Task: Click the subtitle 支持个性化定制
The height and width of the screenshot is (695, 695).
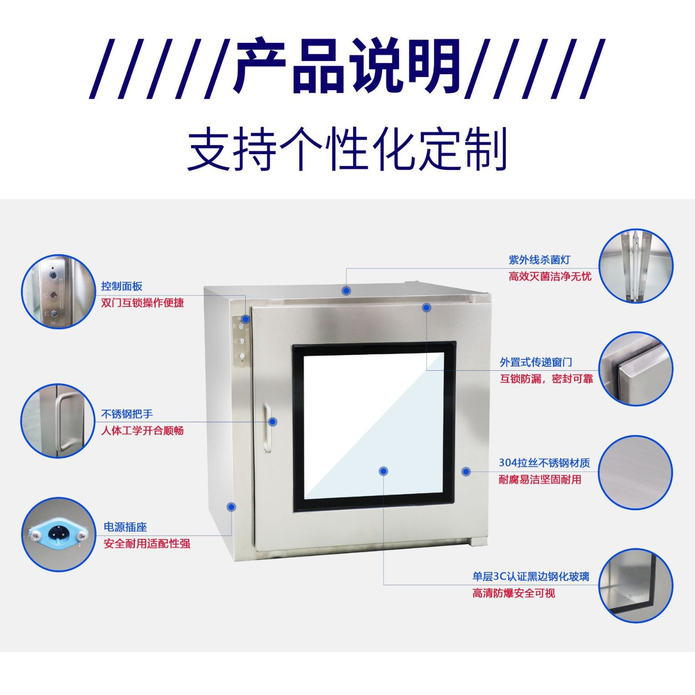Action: click(x=347, y=149)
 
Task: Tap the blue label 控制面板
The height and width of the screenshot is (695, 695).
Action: click(x=122, y=286)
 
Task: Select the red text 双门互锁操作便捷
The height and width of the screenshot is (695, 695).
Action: click(x=142, y=303)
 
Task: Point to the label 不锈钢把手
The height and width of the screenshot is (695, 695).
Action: click(x=127, y=414)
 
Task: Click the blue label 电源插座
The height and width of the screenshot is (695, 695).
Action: click(x=125, y=527)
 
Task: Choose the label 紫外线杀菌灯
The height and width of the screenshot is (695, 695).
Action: click(x=539, y=260)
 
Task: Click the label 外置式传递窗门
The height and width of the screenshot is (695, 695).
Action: click(x=536, y=362)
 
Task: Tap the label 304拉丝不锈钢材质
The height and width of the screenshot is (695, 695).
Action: click(x=544, y=463)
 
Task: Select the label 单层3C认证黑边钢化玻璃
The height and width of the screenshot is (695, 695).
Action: click(x=531, y=576)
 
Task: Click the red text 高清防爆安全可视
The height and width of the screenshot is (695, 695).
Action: click(x=513, y=593)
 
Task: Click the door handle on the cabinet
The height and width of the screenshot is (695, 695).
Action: click(x=267, y=428)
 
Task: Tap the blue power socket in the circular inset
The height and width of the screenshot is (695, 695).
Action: click(x=57, y=534)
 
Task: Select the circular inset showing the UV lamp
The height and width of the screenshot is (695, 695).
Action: click(x=636, y=266)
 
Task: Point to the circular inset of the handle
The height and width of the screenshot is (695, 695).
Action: click(x=57, y=420)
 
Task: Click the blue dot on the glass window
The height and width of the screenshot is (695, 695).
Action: click(x=384, y=471)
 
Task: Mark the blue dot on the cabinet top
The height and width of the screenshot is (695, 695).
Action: click(x=346, y=290)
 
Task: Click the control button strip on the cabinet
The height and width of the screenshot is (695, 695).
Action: click(x=241, y=341)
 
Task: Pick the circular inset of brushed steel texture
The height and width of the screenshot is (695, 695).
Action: click(x=635, y=472)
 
